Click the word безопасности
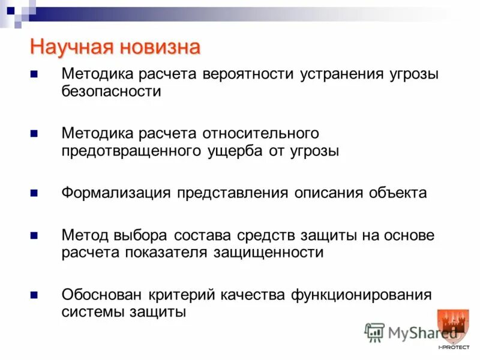[111, 92]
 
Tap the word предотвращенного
[131, 151]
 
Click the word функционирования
[361, 295]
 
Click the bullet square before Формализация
[34, 193]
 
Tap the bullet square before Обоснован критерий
[34, 295]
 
